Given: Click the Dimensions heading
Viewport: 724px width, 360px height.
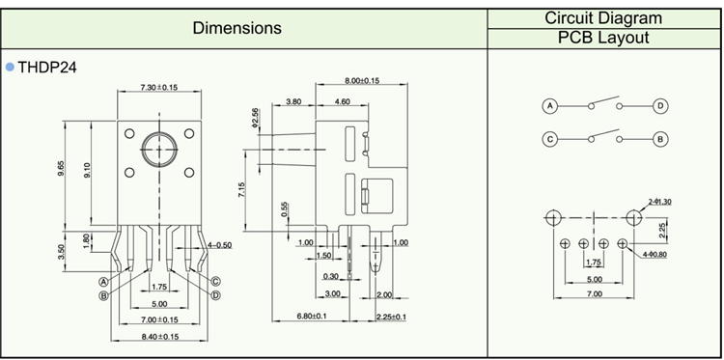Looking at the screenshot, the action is (x=237, y=28).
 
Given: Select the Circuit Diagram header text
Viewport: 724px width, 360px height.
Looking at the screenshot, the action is (x=603, y=18).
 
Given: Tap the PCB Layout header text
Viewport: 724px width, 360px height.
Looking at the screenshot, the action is (x=603, y=38).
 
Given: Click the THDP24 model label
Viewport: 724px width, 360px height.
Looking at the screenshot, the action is (x=47, y=68).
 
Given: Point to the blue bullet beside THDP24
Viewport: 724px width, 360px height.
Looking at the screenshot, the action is (x=11, y=68).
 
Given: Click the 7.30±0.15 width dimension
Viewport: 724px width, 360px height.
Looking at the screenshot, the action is (x=159, y=87).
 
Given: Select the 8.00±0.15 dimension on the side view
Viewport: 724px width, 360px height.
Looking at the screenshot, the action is (x=362, y=80).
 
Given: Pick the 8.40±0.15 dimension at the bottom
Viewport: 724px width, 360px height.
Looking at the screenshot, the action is (x=159, y=337).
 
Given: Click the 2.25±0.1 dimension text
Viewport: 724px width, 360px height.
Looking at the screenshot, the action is (x=391, y=317).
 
